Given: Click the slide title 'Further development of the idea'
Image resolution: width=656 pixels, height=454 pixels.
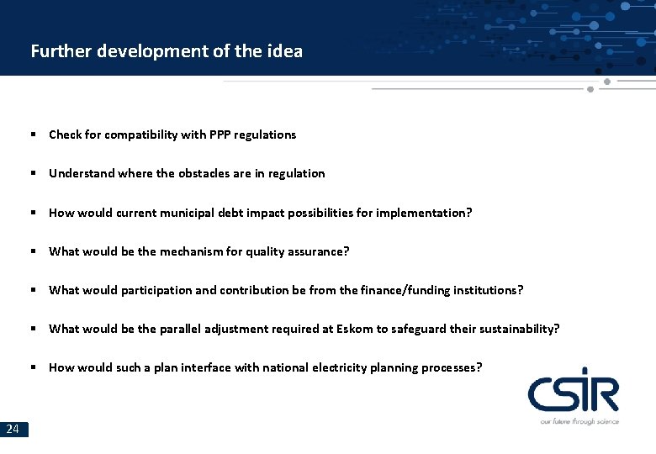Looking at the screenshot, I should (167, 50).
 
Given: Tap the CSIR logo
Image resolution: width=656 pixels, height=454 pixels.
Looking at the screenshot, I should (574, 393).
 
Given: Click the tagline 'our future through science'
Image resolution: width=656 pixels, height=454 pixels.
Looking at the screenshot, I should (579, 421).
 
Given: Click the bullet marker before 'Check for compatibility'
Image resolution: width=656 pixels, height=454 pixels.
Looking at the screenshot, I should (32, 135).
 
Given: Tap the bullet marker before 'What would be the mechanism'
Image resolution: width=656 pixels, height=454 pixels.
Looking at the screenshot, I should (32, 251).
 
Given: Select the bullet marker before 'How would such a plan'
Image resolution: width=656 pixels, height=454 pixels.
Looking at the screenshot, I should (32, 367).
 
